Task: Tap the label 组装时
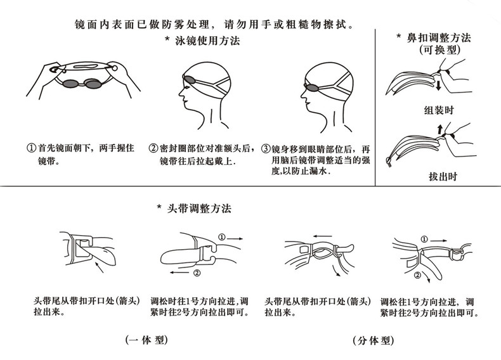click(439, 109)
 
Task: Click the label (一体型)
click(146, 340)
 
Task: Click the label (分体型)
click(372, 340)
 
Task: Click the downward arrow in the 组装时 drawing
click(438, 84)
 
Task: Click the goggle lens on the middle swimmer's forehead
click(187, 79)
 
